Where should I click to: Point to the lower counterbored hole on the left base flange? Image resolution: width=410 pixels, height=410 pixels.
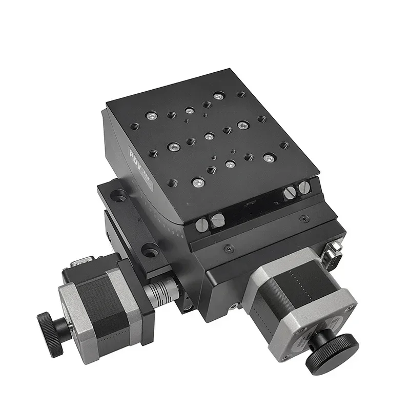click(x=149, y=252)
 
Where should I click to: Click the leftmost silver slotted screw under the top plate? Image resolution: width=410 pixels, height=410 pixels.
click(x=202, y=224)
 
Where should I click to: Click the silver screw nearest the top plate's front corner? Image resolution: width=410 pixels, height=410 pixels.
click(x=198, y=181)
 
